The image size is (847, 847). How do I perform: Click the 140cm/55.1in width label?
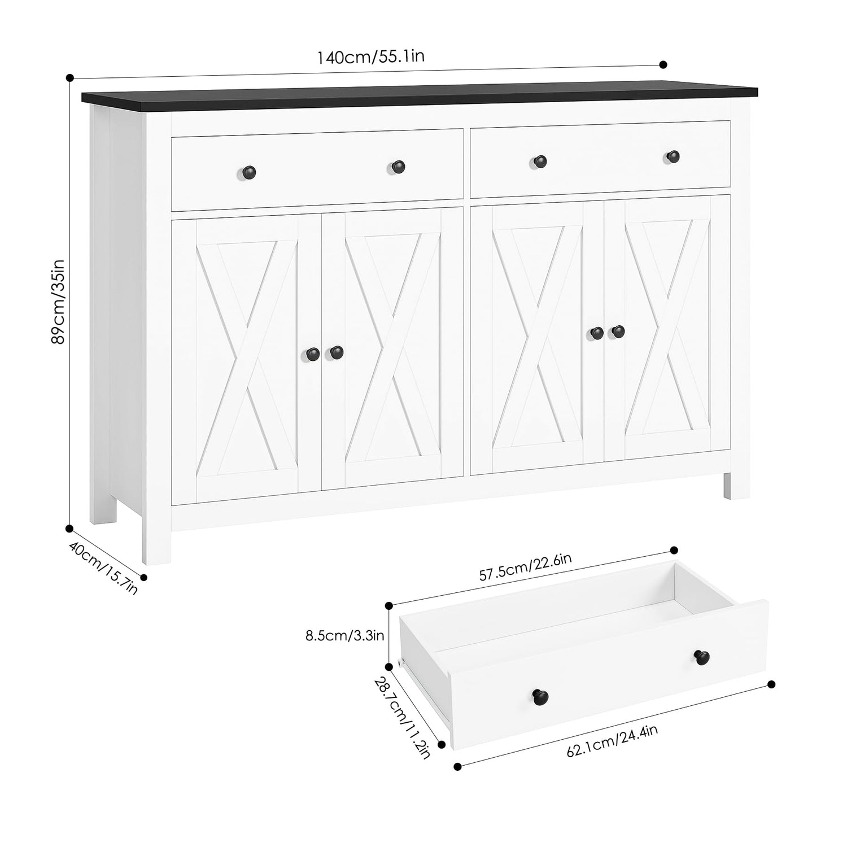[x=370, y=57]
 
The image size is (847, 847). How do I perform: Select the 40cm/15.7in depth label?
[x=103, y=567]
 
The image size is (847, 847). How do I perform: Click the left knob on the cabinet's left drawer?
[x=250, y=170]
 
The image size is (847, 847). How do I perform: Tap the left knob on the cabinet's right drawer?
[x=540, y=161]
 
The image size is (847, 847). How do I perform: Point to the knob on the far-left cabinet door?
[x=313, y=353]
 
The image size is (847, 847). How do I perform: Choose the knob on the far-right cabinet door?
[x=618, y=331]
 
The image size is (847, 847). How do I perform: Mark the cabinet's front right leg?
[x=734, y=485]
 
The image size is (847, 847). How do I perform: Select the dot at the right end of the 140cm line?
[x=663, y=64]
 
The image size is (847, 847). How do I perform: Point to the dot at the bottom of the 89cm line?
[x=69, y=529]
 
